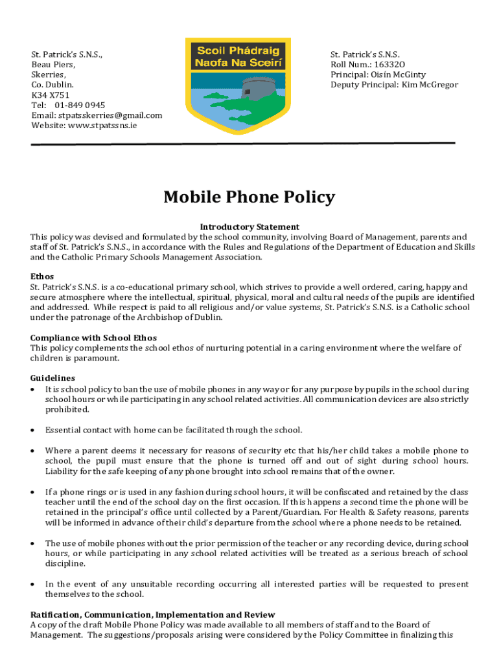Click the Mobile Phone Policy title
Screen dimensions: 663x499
tap(249, 197)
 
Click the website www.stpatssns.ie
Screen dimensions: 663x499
tap(102, 126)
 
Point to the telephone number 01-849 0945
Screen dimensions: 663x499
tap(80, 105)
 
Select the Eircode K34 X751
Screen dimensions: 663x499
tap(51, 95)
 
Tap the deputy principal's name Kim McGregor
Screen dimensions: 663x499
tap(430, 85)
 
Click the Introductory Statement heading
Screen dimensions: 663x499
tap(250, 227)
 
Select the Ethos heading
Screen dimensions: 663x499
tap(42, 276)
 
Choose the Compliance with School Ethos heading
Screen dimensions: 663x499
tap(93, 337)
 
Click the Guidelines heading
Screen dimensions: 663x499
tap(52, 378)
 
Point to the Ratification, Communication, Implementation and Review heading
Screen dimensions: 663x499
tap(153, 614)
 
